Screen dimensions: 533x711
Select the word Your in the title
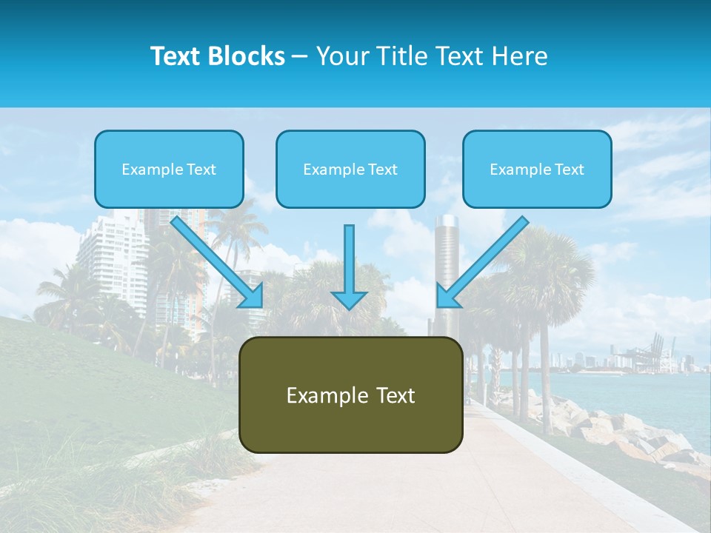(x=339, y=56)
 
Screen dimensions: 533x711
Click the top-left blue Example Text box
(x=169, y=169)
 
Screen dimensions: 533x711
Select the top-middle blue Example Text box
(x=350, y=169)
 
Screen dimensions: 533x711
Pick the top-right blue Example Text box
(x=537, y=169)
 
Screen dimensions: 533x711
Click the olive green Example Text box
(x=350, y=395)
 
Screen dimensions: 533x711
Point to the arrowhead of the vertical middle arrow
(x=349, y=299)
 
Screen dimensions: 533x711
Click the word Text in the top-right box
(x=570, y=170)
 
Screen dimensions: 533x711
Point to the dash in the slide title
(x=300, y=56)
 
